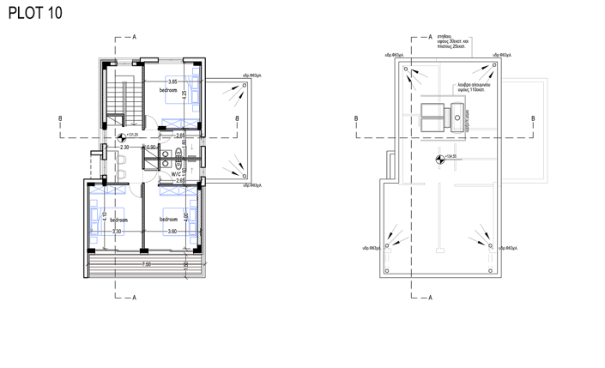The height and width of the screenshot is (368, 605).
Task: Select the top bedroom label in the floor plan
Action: (168, 89)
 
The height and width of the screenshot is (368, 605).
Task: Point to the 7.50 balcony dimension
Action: (147, 264)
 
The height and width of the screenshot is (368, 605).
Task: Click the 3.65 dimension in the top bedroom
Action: (172, 81)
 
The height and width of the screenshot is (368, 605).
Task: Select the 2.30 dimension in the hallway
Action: (124, 148)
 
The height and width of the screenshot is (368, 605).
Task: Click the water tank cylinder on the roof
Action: (457, 117)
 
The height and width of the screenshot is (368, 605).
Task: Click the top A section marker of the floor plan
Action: (135, 38)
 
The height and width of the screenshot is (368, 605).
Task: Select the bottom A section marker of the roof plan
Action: (430, 298)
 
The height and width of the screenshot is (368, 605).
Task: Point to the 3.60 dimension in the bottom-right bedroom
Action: (172, 231)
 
